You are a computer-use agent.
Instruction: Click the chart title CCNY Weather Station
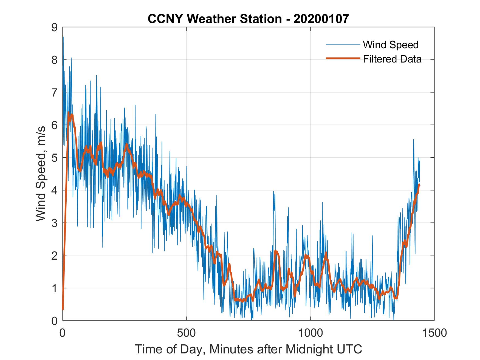click(x=214, y=19)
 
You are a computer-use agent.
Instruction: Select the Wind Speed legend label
click(x=391, y=45)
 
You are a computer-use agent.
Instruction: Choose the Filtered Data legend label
click(x=392, y=59)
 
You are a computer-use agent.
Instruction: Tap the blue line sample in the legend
click(x=343, y=44)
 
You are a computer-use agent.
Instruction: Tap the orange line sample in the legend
click(x=343, y=58)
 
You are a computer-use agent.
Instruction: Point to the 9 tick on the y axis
click(x=55, y=27)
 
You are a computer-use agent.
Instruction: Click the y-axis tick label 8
click(x=55, y=60)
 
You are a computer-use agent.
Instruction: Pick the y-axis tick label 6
click(x=55, y=125)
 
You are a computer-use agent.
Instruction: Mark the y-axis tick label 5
click(x=55, y=158)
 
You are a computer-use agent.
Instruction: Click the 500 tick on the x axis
click(x=187, y=333)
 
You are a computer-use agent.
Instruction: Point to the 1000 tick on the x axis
click(x=310, y=333)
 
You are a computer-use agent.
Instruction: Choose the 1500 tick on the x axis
click(x=434, y=333)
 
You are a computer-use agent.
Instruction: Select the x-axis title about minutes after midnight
click(x=248, y=349)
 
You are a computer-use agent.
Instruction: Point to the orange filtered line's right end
click(x=419, y=185)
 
